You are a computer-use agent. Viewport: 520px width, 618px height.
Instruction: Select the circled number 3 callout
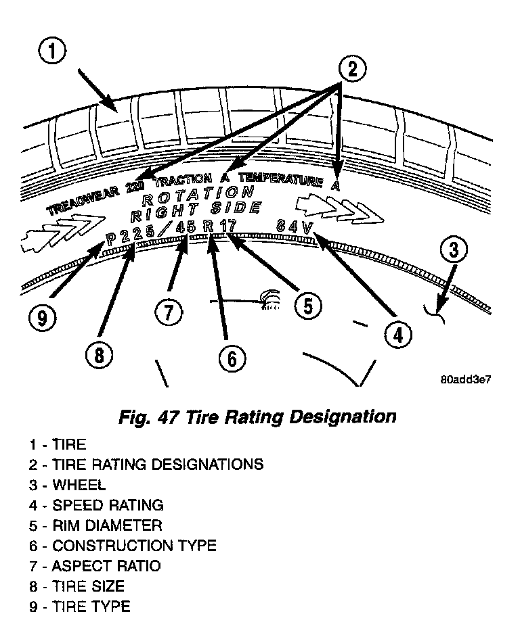pyautogui.click(x=453, y=250)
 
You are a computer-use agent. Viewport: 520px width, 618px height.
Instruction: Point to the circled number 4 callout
pyautogui.click(x=397, y=334)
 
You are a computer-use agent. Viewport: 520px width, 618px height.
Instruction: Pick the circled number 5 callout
pyautogui.click(x=307, y=306)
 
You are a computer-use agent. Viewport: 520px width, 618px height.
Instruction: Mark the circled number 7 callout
pyautogui.click(x=167, y=312)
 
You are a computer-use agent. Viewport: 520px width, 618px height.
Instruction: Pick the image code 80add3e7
pyautogui.click(x=465, y=379)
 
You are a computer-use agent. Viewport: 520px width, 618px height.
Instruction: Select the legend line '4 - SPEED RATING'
pyautogui.click(x=95, y=505)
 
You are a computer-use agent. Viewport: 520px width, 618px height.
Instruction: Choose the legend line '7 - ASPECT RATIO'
pyautogui.click(x=95, y=566)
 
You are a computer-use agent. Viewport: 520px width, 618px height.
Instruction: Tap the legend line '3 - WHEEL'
pyautogui.click(x=67, y=485)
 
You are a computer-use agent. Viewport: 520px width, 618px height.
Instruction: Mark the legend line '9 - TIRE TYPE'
pyautogui.click(x=79, y=607)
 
